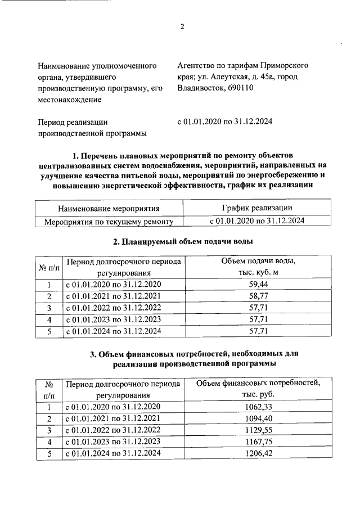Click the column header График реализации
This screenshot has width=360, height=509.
pos(256,208)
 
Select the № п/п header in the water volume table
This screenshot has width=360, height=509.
pos(49,267)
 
